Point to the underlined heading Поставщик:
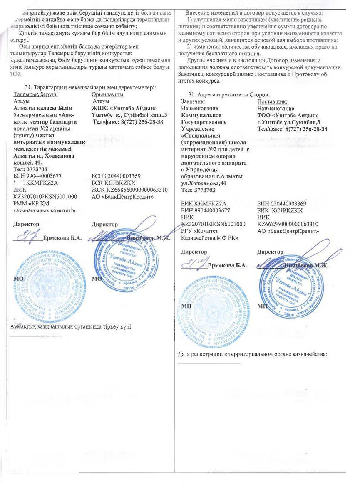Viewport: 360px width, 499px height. coord(272,101)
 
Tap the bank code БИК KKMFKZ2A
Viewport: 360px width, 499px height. coord(204,204)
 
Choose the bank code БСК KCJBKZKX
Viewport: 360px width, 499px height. coord(113,183)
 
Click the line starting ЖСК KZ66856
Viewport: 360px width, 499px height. coord(129,190)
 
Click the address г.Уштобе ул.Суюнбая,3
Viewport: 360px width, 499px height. coord(289,122)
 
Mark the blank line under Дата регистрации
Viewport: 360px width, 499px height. coord(209,363)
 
